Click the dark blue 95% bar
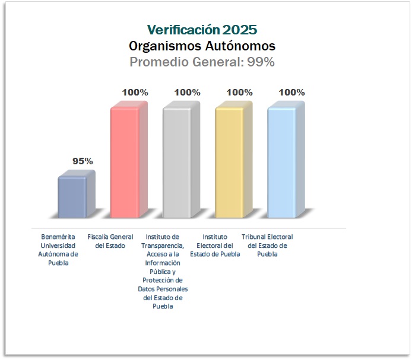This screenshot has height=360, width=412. (x=76, y=194)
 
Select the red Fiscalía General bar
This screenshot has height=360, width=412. (x=129, y=160)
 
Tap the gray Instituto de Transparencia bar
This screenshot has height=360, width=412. (x=181, y=160)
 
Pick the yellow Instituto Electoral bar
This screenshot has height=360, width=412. (x=233, y=160)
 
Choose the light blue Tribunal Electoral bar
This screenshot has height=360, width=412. (x=286, y=160)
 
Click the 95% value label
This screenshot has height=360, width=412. (x=83, y=161)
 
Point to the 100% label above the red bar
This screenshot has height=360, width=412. (x=135, y=93)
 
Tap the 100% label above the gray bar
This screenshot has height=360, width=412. (x=188, y=93)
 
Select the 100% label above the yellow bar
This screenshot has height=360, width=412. (x=240, y=93)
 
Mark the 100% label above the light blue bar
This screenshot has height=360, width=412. (x=292, y=93)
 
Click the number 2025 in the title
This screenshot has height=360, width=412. (x=240, y=30)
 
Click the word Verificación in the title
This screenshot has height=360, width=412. (x=183, y=30)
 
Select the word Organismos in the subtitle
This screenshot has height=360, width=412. (x=165, y=46)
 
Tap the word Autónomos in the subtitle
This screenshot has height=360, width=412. (x=240, y=46)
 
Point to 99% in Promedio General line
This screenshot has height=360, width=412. (x=261, y=62)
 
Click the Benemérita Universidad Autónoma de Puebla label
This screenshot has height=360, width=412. (x=58, y=250)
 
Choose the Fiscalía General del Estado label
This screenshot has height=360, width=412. (x=110, y=241)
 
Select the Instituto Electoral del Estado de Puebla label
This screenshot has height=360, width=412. (x=215, y=246)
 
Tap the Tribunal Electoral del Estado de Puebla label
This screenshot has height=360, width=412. (x=267, y=246)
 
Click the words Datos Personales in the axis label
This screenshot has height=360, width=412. (x=163, y=289)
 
